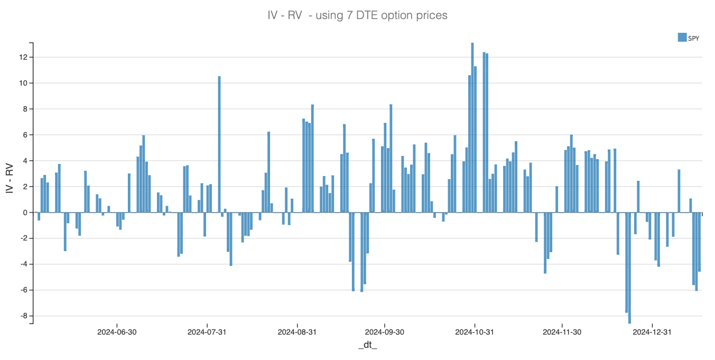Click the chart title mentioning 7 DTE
(357, 15)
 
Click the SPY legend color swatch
(682, 37)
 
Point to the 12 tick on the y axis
(23, 57)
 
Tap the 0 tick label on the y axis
(24, 213)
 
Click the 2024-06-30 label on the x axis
(117, 332)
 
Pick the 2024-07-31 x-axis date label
(207, 332)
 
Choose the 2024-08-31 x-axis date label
(297, 332)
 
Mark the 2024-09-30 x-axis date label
(384, 332)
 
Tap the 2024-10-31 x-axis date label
(475, 332)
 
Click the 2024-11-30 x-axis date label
(562, 332)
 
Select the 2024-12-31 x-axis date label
(652, 332)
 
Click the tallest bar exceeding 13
(472, 127)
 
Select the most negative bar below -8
(629, 267)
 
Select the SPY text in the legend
(693, 38)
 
